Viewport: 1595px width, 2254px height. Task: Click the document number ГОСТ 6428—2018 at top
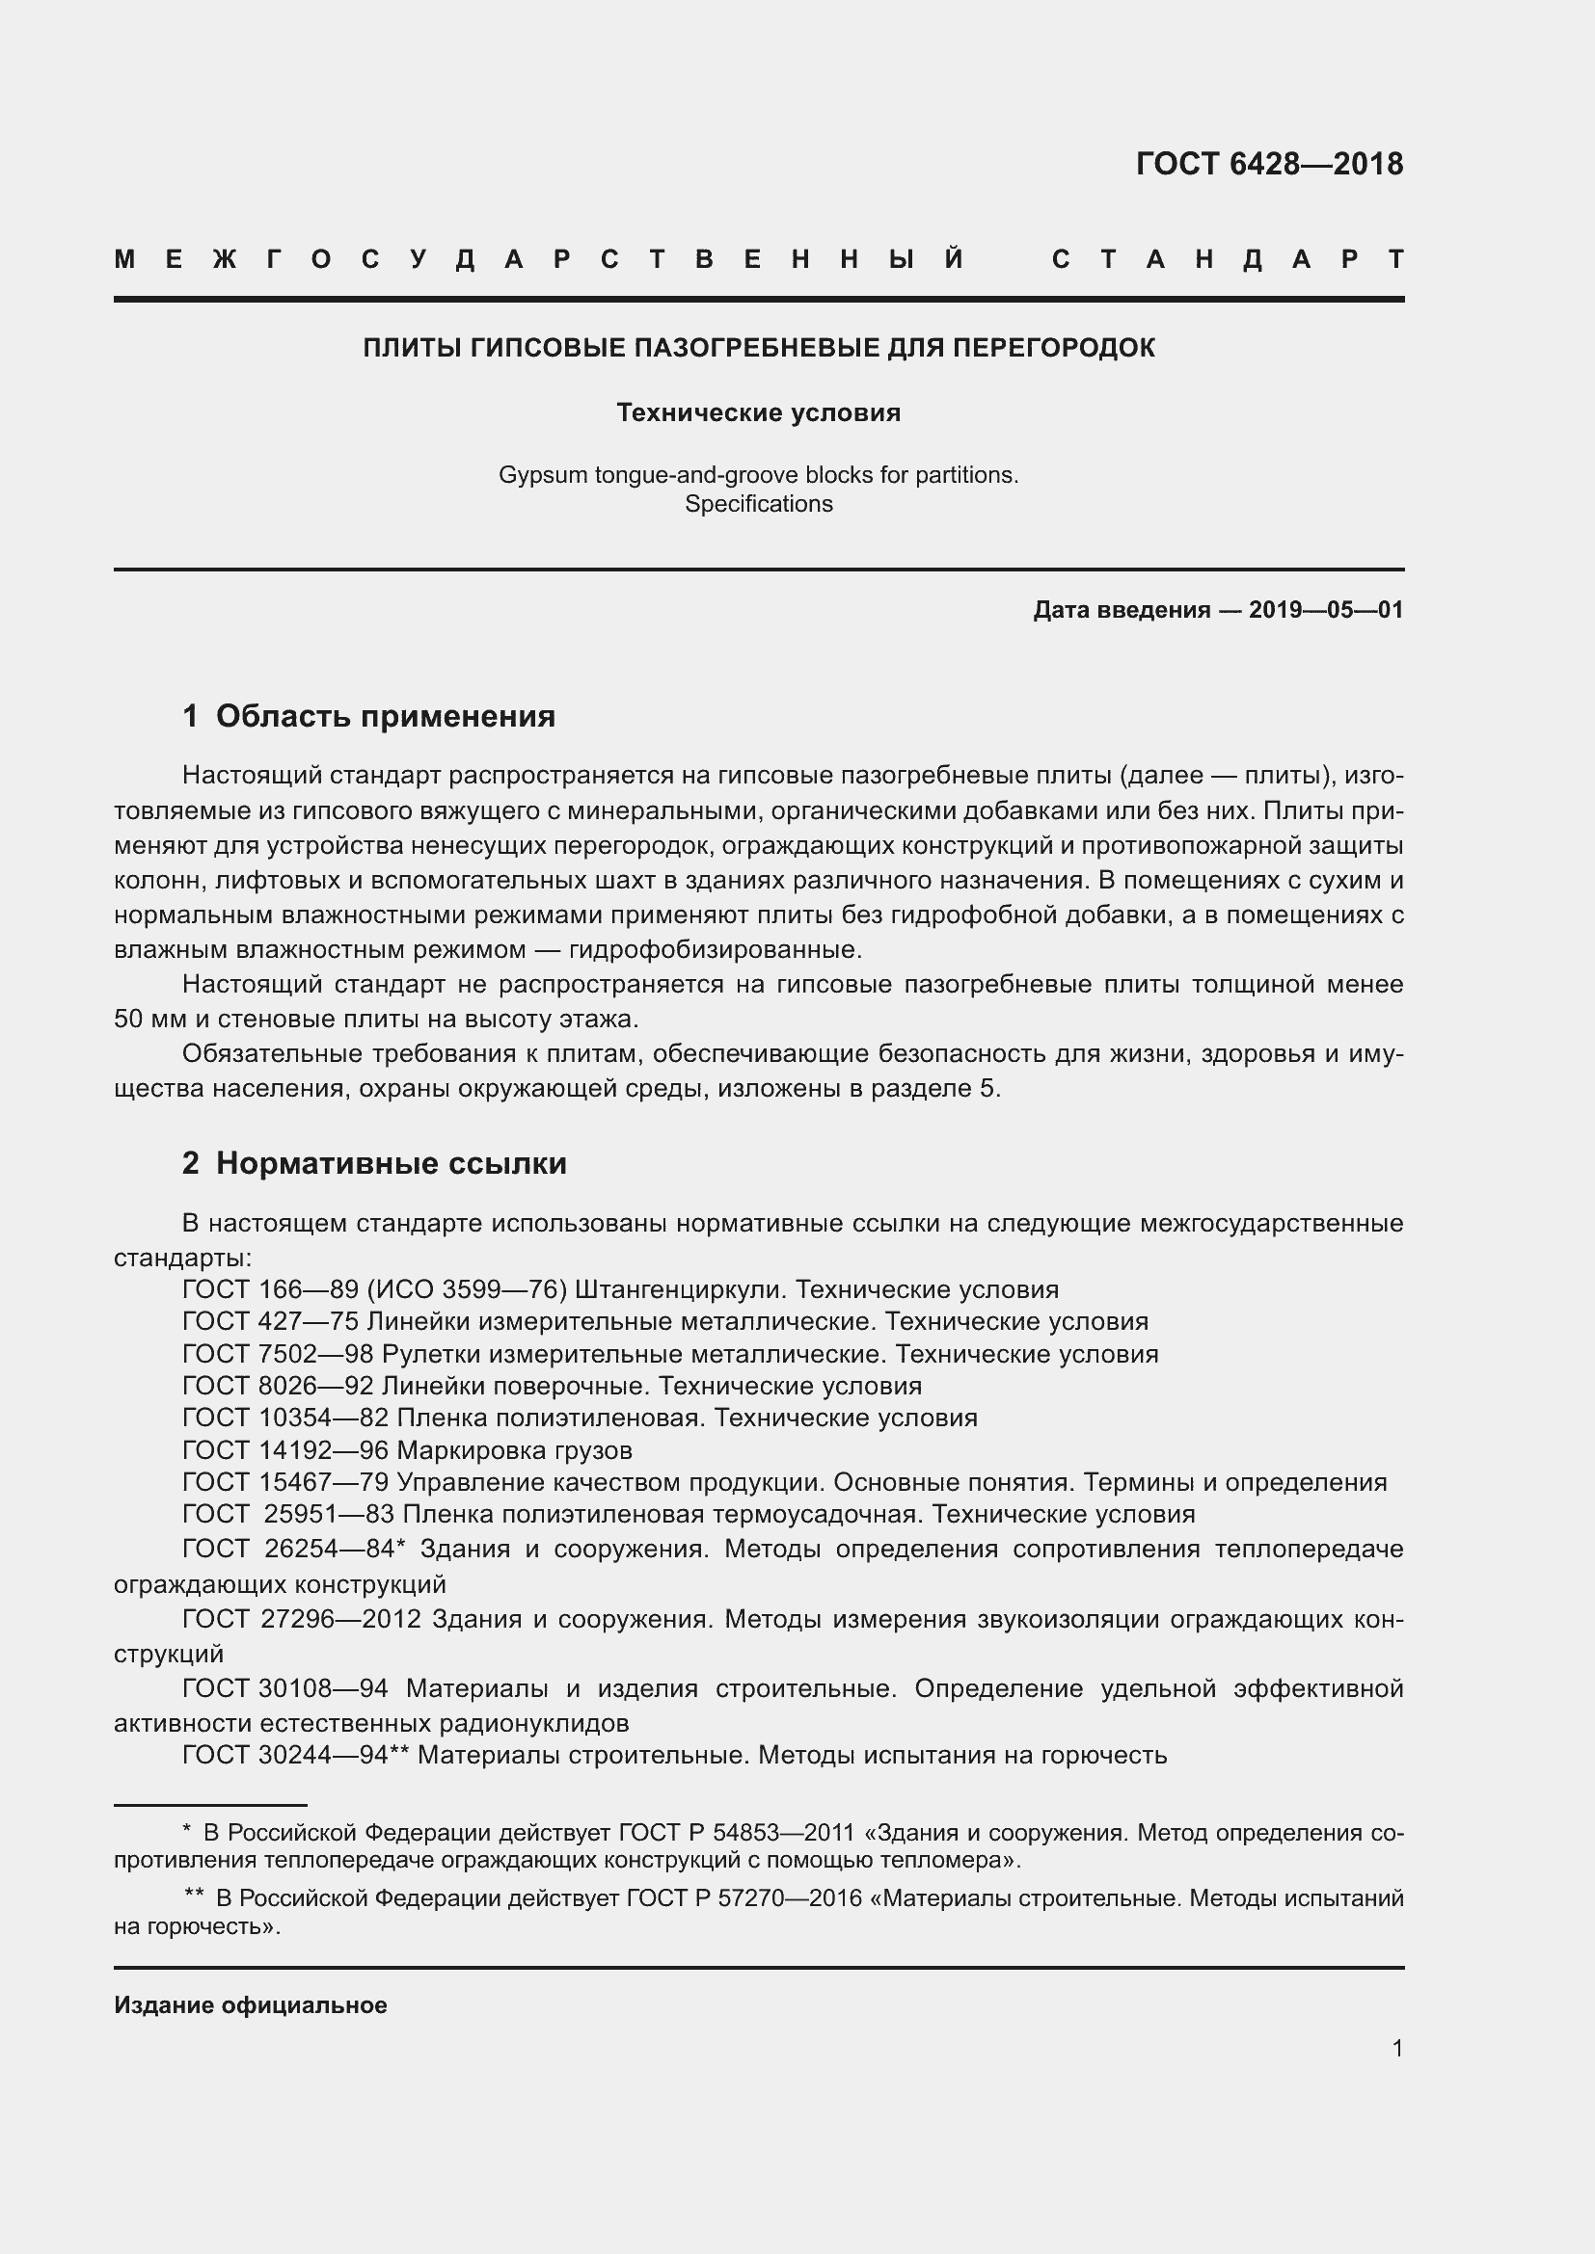click(x=1269, y=164)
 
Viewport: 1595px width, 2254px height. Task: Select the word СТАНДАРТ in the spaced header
click(x=1228, y=260)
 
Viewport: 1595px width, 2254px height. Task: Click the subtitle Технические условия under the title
click(x=758, y=412)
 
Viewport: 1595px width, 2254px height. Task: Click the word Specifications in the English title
click(x=758, y=504)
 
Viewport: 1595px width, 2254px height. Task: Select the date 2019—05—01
click(x=1326, y=610)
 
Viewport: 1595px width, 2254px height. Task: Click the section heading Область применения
click(x=385, y=716)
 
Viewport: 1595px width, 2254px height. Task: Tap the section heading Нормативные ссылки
click(x=391, y=1163)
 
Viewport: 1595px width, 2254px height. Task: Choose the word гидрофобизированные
click(x=715, y=949)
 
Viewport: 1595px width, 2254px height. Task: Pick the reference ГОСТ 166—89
click(x=270, y=1289)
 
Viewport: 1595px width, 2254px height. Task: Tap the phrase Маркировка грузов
click(x=514, y=1450)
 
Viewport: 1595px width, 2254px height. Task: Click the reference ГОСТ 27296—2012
click(x=302, y=1618)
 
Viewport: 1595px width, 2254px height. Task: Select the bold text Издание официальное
click(x=251, y=2004)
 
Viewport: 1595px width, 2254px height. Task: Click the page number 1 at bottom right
click(x=1396, y=2048)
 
